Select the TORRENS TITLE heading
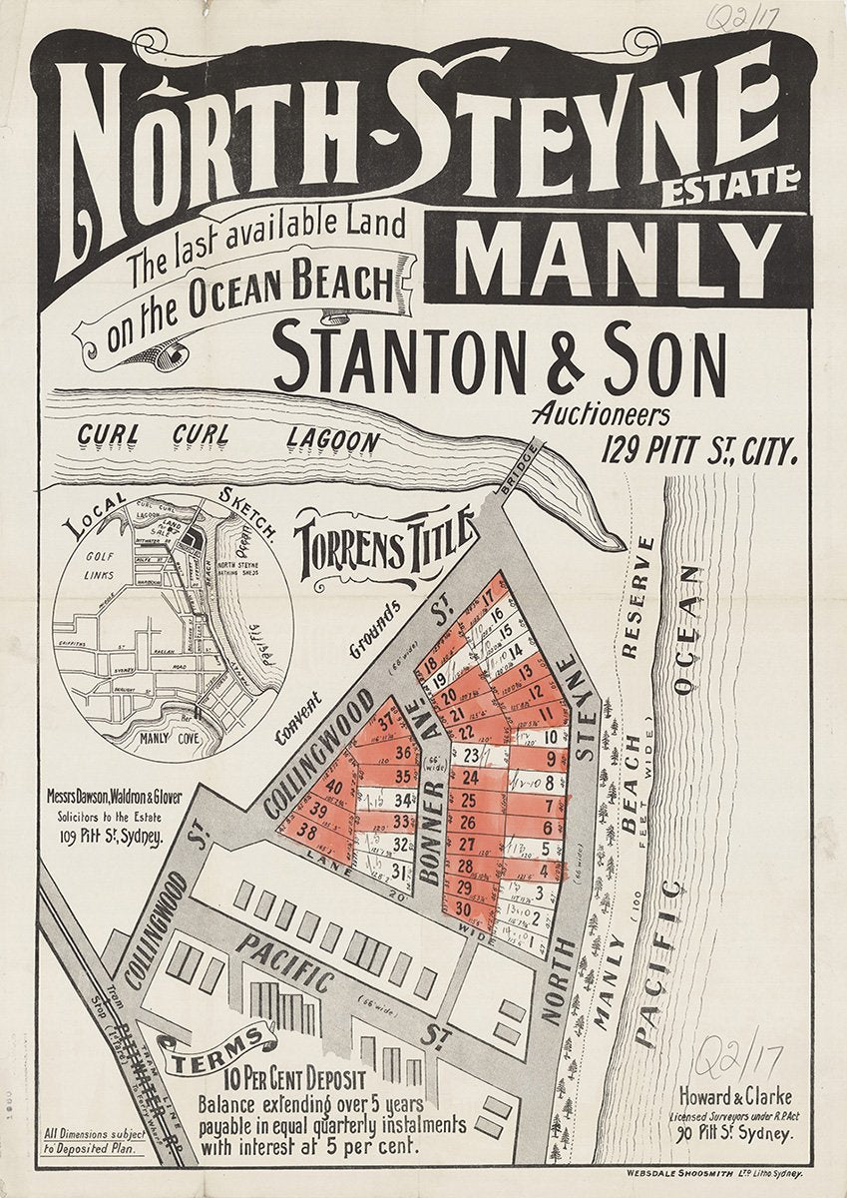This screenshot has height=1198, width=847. [x=382, y=545]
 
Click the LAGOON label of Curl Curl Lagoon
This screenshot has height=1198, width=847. [x=332, y=438]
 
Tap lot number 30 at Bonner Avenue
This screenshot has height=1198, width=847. [x=463, y=907]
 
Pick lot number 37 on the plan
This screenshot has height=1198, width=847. [x=385, y=725]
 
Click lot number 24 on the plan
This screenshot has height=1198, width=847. [x=470, y=776]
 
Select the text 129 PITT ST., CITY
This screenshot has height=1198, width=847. [x=698, y=452]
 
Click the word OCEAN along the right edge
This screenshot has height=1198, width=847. [x=687, y=630]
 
